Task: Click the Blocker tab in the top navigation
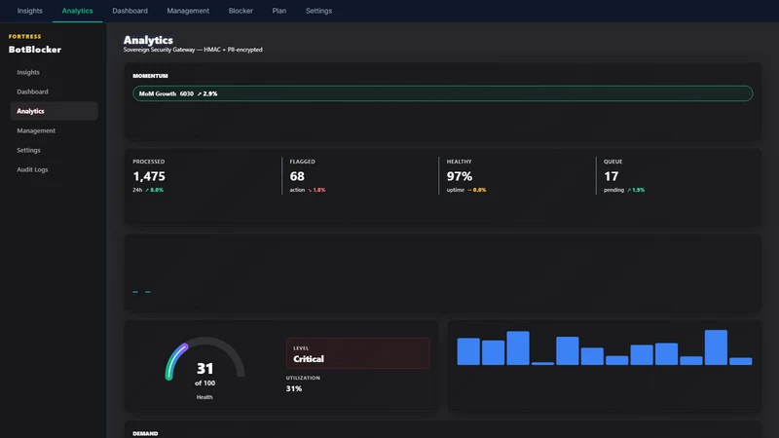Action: (241, 11)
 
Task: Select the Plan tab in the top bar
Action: (279, 11)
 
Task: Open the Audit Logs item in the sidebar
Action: (32, 169)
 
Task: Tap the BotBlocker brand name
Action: (35, 50)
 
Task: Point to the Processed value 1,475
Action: (149, 176)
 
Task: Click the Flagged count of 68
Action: (297, 176)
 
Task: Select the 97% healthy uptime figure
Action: (460, 176)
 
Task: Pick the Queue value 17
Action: (612, 176)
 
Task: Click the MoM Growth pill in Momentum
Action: (443, 93)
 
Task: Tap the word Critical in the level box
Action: (309, 359)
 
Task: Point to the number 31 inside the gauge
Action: (204, 369)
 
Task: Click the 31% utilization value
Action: (294, 388)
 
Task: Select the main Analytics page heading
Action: (148, 40)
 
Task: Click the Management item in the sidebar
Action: (36, 130)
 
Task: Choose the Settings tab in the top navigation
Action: (318, 11)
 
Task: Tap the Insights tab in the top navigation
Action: (30, 11)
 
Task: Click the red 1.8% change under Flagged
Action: (316, 190)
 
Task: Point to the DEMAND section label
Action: (145, 433)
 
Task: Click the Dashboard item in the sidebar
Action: (32, 91)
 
